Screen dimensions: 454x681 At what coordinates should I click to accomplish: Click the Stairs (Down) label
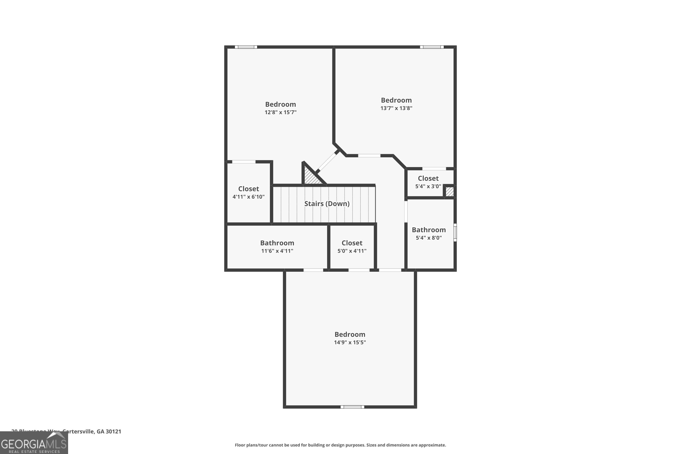(x=327, y=204)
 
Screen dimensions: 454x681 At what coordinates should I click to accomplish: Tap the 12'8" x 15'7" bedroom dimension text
(x=280, y=112)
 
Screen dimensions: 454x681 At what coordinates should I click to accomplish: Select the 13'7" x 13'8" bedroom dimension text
(x=396, y=108)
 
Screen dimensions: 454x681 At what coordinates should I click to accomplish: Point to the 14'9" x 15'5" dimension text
(x=350, y=343)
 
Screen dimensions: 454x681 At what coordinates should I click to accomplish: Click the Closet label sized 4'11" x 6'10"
(x=248, y=189)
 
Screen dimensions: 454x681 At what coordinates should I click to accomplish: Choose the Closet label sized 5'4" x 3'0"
(x=428, y=178)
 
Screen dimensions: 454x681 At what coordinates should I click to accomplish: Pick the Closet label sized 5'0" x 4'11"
(x=352, y=243)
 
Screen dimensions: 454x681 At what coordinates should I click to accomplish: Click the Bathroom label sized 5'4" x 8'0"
(x=429, y=230)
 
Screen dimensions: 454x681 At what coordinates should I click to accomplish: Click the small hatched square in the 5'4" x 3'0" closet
(x=449, y=192)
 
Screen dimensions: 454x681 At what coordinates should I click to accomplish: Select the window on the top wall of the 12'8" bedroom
(x=246, y=47)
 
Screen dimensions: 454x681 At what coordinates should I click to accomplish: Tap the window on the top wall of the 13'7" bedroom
(x=432, y=47)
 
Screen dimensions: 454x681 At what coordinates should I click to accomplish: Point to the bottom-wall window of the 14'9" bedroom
(x=352, y=407)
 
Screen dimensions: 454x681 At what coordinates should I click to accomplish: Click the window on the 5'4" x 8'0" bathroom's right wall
(x=455, y=232)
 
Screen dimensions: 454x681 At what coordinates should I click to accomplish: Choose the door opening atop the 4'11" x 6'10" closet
(x=244, y=162)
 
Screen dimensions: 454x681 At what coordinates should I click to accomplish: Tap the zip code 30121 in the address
(x=113, y=432)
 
